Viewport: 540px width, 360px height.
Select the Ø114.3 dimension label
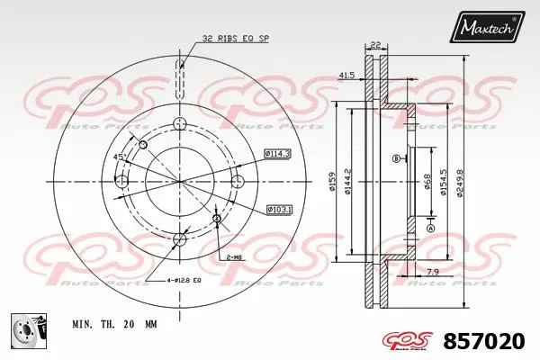(x=278, y=154)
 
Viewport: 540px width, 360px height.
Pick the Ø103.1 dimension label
(x=279, y=210)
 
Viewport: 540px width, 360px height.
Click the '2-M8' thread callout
(x=235, y=257)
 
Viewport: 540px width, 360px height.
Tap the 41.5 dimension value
(x=346, y=75)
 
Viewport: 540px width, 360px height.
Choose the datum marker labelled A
(x=430, y=229)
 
